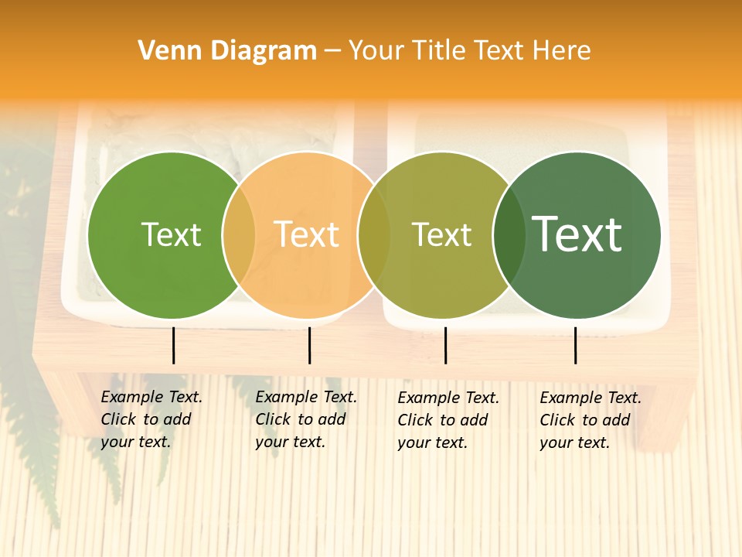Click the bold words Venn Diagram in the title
[227, 51]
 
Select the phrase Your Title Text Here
[469, 51]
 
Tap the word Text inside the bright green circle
[171, 235]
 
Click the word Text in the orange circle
[307, 235]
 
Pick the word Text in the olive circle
[441, 235]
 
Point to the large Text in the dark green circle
[577, 234]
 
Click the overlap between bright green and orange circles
[239, 235]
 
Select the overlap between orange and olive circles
[374, 235]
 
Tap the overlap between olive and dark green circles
[509, 235]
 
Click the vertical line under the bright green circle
[173, 345]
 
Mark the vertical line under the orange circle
[309, 345]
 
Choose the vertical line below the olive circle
[445, 345]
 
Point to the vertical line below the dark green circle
[575, 345]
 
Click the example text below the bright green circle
[151, 419]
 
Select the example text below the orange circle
[305, 419]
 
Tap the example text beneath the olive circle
[448, 420]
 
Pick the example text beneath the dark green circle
[590, 420]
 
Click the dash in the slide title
[332, 51]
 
